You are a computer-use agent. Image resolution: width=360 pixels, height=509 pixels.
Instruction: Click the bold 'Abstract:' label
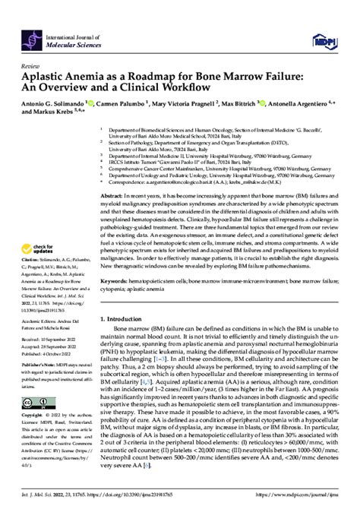tap(115, 196)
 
